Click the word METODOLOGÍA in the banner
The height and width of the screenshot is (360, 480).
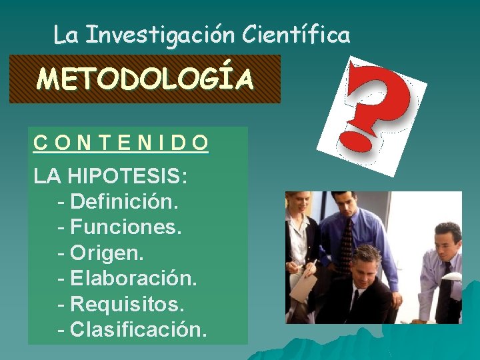(145, 79)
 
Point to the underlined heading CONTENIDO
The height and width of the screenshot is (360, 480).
(121, 143)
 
